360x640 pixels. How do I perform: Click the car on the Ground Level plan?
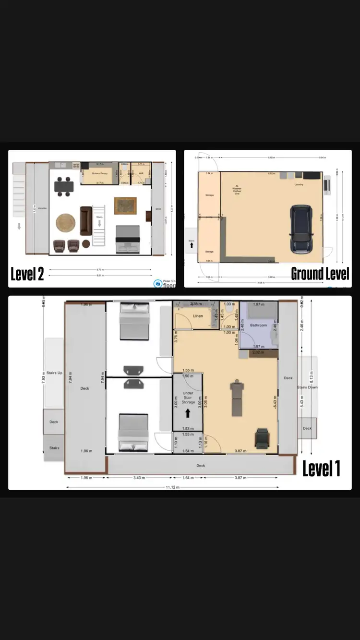click(301, 229)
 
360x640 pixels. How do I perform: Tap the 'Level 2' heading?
click(27, 274)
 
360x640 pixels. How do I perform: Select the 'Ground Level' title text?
click(320, 274)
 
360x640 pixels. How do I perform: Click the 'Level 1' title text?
click(321, 468)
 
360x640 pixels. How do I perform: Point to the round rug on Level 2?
click(65, 223)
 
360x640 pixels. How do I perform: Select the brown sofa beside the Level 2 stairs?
click(86, 220)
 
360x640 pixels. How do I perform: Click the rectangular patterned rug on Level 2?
click(125, 205)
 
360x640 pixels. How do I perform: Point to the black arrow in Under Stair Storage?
click(188, 412)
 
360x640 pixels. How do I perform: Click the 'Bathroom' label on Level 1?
click(258, 325)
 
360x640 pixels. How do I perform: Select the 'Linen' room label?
click(198, 316)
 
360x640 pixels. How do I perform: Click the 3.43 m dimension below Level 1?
click(139, 478)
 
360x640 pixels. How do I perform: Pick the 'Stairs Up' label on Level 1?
click(54, 373)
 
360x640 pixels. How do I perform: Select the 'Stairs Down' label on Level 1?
click(307, 387)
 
